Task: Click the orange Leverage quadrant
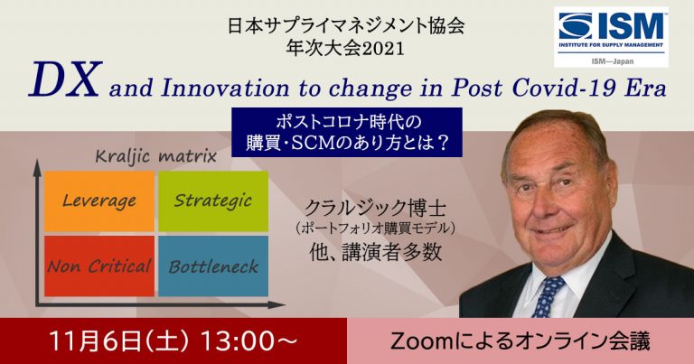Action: click(99, 201)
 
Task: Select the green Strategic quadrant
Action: click(213, 201)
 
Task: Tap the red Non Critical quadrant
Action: click(99, 266)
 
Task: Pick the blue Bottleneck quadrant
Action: click(213, 266)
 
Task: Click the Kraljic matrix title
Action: click(156, 156)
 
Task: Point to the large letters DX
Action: click(65, 79)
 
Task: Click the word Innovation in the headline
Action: click(225, 88)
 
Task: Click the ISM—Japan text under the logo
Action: click(612, 61)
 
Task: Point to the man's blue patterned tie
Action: click(547, 296)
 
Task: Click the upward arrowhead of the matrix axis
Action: click(38, 167)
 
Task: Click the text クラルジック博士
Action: click(375, 207)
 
